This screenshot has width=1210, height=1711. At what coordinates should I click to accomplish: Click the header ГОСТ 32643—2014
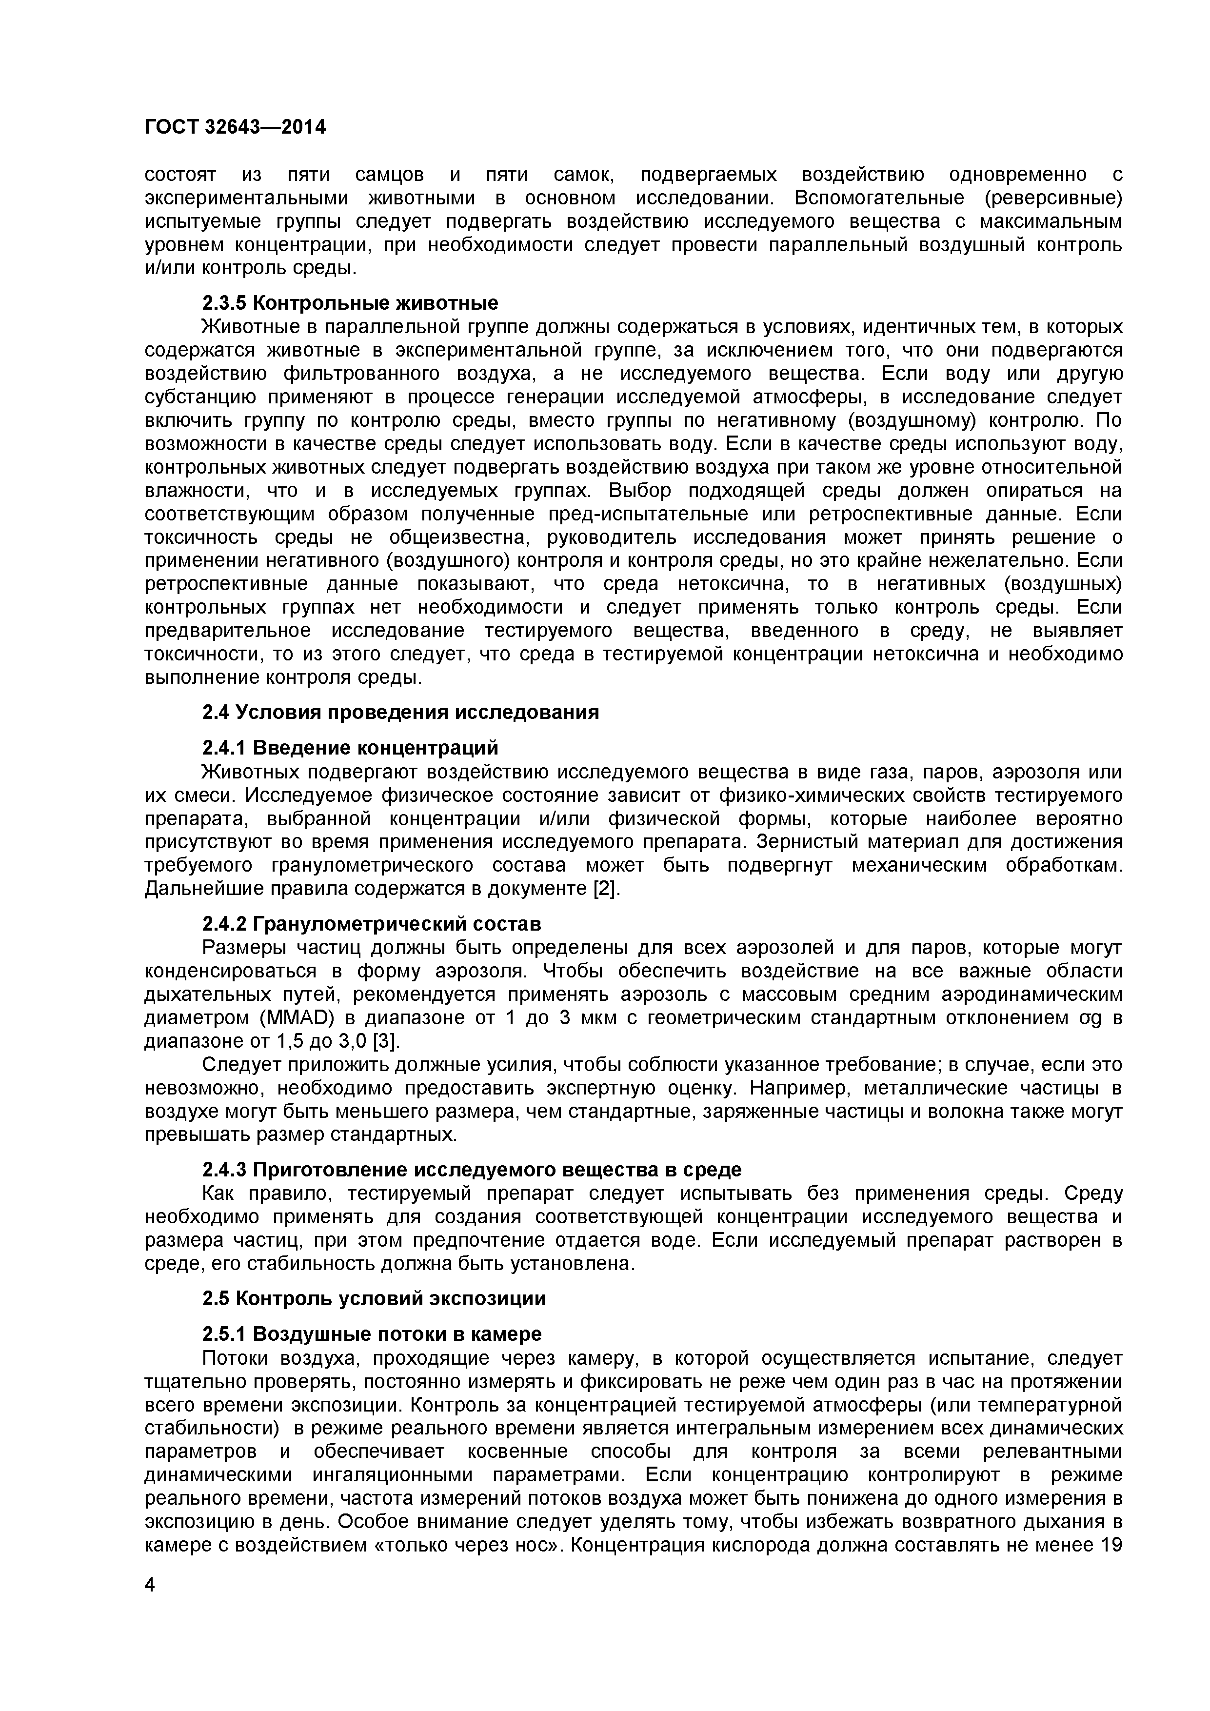235,127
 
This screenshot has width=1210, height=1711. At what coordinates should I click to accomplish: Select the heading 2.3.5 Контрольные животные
350,303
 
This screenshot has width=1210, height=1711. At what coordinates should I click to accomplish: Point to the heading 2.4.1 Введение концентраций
350,747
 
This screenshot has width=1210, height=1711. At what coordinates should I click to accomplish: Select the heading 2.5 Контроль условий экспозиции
374,1298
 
